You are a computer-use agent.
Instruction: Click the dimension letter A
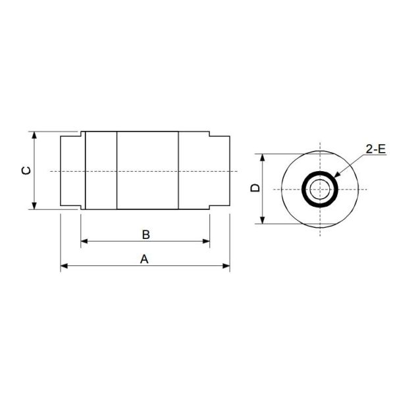pyautogui.click(x=144, y=259)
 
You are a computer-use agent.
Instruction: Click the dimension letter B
pyautogui.click(x=146, y=234)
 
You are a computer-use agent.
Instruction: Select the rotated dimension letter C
pyautogui.click(x=26, y=171)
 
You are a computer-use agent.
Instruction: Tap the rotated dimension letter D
pyautogui.click(x=255, y=188)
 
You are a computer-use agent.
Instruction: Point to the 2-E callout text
pyautogui.click(x=376, y=149)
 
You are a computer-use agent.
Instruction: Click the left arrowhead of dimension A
pyautogui.click(x=65, y=266)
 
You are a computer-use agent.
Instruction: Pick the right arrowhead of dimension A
pyautogui.click(x=226, y=266)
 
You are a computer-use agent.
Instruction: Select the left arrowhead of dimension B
pyautogui.click(x=84, y=242)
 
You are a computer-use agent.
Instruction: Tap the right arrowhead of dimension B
pyautogui.click(x=206, y=242)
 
